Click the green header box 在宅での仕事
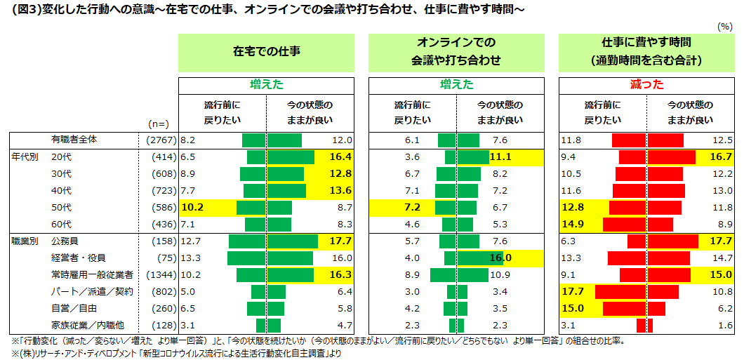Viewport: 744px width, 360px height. pyautogui.click(x=266, y=52)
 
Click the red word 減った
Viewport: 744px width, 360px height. pyautogui.click(x=646, y=84)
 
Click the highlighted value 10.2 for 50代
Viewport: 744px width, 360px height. pyautogui.click(x=192, y=208)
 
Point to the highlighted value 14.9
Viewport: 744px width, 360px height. pyautogui.click(x=573, y=225)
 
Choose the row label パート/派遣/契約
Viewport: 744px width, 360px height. pyautogui.click(x=92, y=291)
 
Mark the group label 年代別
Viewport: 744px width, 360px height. pyautogui.click(x=23, y=157)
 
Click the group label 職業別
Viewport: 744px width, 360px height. pyautogui.click(x=23, y=241)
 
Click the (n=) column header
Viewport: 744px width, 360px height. pyautogui.click(x=157, y=124)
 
